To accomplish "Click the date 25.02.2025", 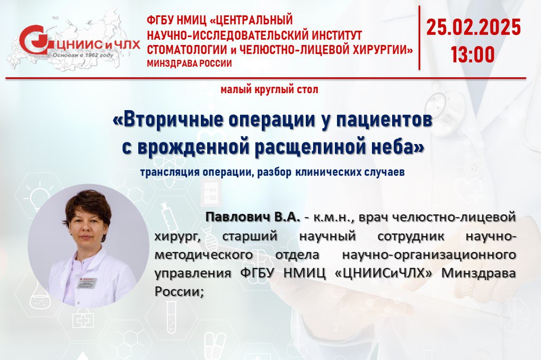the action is (x=473, y=28).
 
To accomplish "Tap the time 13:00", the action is (x=473, y=55).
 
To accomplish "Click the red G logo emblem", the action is (x=35, y=40).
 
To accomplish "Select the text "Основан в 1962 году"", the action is (x=83, y=55).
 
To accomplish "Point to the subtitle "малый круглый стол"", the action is (x=269, y=89).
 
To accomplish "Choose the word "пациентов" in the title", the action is (x=385, y=120).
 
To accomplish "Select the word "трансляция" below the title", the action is (x=170, y=172).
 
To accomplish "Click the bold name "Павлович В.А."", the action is (x=253, y=217).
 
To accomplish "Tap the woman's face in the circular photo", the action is (x=87, y=227).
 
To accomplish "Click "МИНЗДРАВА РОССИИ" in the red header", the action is (x=189, y=64).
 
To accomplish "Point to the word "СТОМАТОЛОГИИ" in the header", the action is (x=187, y=50).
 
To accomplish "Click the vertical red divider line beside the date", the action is (x=419, y=38).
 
